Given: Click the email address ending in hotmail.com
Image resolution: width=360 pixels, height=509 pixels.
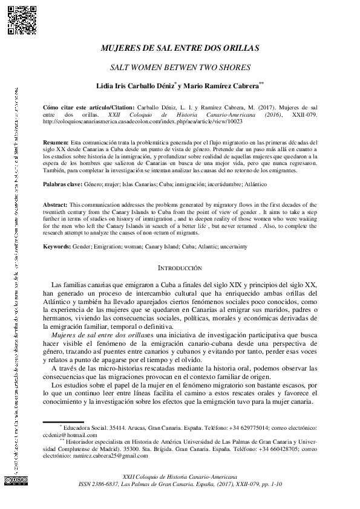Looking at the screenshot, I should [71, 434].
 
